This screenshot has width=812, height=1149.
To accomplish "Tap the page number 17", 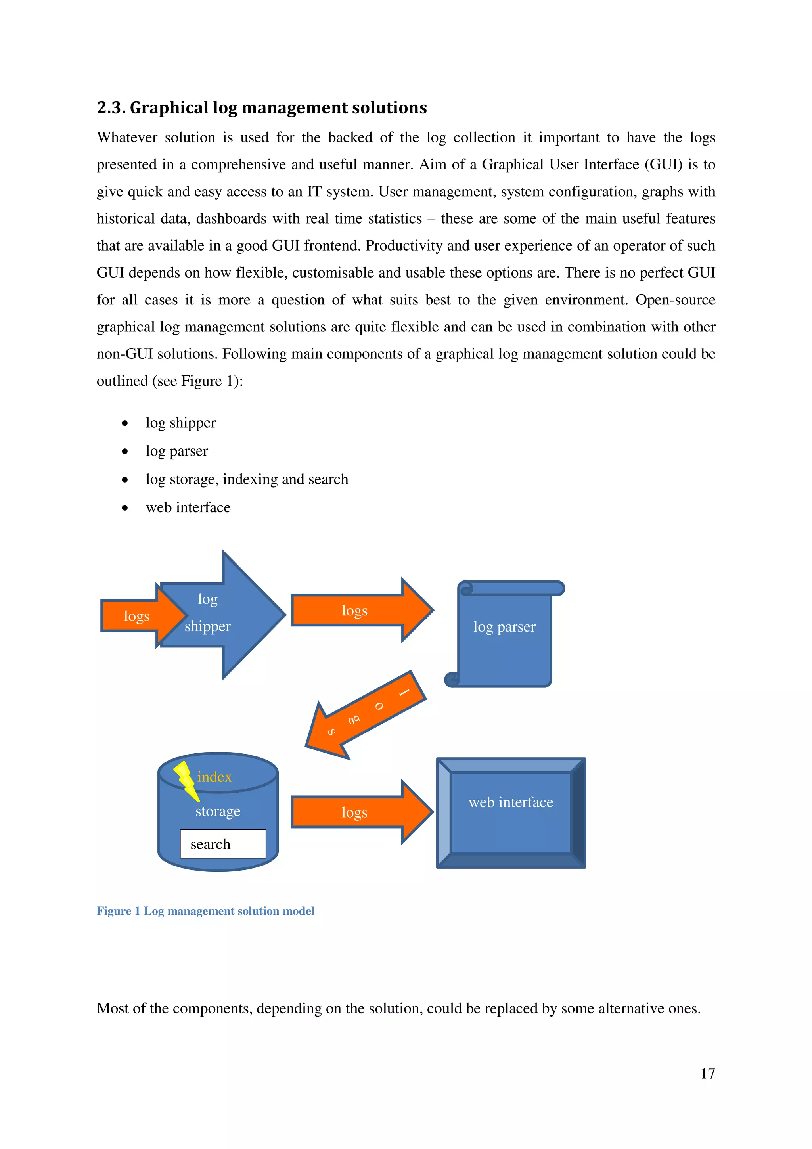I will [x=707, y=1073].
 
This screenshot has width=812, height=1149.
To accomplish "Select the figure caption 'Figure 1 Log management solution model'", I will [x=205, y=910].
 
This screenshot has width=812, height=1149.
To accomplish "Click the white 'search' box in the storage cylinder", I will [x=223, y=844].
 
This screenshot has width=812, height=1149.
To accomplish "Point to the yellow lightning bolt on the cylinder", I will [x=186, y=779].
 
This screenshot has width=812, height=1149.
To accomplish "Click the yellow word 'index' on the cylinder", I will [x=214, y=777].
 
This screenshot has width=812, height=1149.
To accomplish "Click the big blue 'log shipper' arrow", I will [x=230, y=615].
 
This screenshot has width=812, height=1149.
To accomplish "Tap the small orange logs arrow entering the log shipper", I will [x=135, y=615].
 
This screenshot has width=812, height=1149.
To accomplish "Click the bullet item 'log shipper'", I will [x=181, y=423].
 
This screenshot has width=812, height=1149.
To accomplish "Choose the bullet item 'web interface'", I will [x=188, y=507].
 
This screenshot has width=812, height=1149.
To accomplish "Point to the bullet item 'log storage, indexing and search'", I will [x=247, y=479].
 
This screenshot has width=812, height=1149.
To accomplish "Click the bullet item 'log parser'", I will [x=176, y=451].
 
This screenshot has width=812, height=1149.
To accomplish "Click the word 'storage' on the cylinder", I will [x=218, y=811].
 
